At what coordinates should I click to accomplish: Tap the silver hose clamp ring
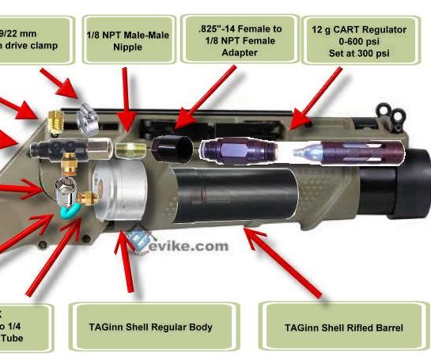click(89, 121)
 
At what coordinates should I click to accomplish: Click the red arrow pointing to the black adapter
click(207, 96)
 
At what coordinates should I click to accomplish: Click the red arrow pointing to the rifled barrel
click(285, 261)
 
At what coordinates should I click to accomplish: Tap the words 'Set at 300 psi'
click(363, 54)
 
